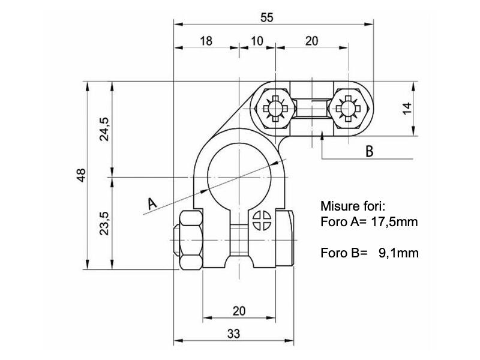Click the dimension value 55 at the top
click(x=267, y=17)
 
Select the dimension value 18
click(x=206, y=41)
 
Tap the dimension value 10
click(x=257, y=41)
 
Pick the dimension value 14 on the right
click(x=407, y=109)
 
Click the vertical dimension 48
click(x=82, y=175)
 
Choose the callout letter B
click(x=370, y=151)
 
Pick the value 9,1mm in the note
click(x=398, y=253)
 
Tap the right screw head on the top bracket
click(x=348, y=109)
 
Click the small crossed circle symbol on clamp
click(x=262, y=220)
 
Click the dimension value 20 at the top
click(x=311, y=41)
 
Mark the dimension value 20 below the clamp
click(x=239, y=311)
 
